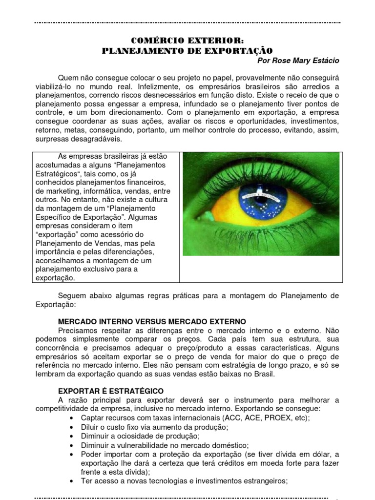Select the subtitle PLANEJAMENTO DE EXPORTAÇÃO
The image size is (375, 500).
point(187,50)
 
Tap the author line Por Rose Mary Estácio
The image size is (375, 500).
point(297,60)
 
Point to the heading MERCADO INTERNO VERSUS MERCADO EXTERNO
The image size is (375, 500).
point(152,322)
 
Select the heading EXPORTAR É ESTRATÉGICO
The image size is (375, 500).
point(111,391)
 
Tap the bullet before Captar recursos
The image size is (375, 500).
point(72,419)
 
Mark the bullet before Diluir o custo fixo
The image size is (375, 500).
point(72,428)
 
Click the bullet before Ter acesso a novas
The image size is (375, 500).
point(72,481)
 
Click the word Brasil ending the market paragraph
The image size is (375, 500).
point(264,374)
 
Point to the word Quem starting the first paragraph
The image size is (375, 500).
point(67,78)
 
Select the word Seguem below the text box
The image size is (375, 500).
point(71,296)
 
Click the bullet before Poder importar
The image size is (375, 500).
point(72,454)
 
